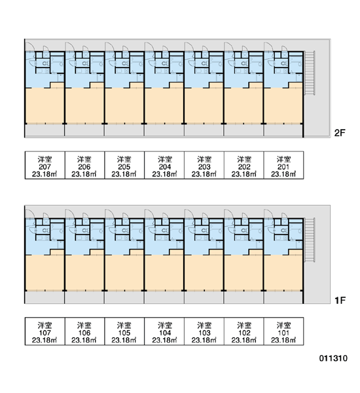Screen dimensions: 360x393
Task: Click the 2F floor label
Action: (x=340, y=133)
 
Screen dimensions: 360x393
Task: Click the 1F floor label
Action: (x=340, y=300)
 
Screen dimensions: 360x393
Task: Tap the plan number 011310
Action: (x=333, y=358)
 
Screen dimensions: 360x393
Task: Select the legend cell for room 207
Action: (x=45, y=165)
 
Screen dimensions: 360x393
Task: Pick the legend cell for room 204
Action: (x=164, y=165)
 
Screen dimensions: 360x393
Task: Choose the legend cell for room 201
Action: (x=283, y=165)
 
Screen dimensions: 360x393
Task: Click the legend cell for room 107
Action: (x=45, y=331)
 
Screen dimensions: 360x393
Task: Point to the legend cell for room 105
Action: (x=124, y=331)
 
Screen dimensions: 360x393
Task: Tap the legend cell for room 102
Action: (x=243, y=331)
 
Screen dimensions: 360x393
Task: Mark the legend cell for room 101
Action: (x=283, y=331)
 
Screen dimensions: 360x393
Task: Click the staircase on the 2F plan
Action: (x=310, y=73)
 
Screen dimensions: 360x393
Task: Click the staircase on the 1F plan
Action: (x=310, y=240)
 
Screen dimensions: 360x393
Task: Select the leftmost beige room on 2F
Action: (x=45, y=105)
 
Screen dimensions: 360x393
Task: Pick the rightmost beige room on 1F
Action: (x=283, y=272)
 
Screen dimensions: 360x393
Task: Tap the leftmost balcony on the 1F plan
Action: (x=45, y=297)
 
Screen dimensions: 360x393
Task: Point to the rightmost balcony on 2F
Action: (x=283, y=130)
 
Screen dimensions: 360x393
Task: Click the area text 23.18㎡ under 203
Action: (x=204, y=174)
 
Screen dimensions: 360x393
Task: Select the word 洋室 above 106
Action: (x=84, y=326)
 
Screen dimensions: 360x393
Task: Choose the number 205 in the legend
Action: (x=124, y=166)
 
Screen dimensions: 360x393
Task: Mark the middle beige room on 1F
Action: (x=164, y=272)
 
